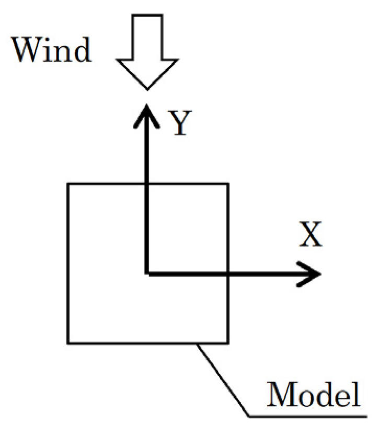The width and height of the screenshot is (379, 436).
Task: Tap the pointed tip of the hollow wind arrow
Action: [x=147, y=88]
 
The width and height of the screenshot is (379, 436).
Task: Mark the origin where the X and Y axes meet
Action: [x=147, y=273]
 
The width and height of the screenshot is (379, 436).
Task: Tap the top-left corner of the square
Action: [x=68, y=183]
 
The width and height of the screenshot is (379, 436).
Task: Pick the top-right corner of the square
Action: [x=228, y=183]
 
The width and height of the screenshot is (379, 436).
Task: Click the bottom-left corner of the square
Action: [x=68, y=343]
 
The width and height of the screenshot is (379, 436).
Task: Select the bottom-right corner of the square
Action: [x=228, y=343]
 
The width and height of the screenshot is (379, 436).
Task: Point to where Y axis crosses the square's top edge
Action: [x=147, y=183]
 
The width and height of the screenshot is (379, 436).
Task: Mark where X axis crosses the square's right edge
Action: [x=228, y=273]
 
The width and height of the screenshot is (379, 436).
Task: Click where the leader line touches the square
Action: [x=197, y=343]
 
